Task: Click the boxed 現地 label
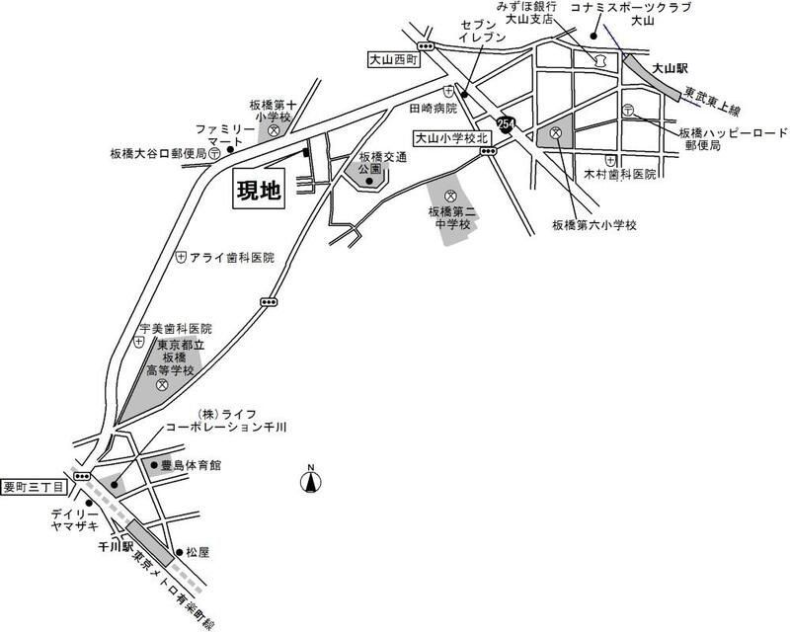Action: point(258,190)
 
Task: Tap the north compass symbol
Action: point(310,481)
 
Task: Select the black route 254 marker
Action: point(507,124)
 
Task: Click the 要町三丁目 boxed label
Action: point(33,486)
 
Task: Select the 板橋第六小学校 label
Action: point(594,225)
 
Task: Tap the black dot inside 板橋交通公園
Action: point(369,180)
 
